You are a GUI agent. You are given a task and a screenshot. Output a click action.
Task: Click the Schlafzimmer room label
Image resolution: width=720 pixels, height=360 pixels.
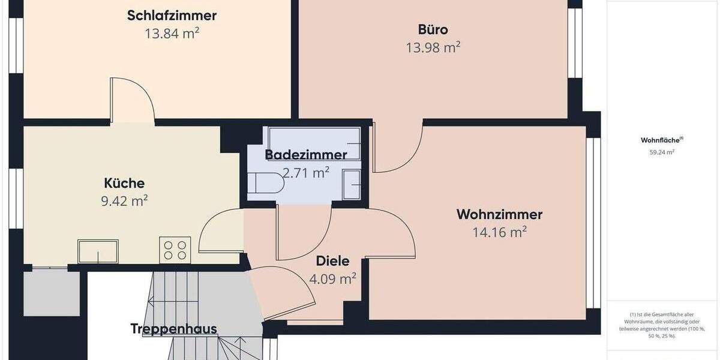172,15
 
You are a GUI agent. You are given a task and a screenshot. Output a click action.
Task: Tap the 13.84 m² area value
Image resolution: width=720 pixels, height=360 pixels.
172,34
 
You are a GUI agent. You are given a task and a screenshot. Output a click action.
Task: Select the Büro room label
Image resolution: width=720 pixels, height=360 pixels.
433,29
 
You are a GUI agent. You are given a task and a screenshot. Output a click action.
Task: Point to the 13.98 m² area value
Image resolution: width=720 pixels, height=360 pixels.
433,47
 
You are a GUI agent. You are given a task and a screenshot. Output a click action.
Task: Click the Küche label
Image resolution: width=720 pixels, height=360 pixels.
124,183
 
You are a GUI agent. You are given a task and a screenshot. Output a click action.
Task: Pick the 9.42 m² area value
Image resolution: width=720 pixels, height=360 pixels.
124,201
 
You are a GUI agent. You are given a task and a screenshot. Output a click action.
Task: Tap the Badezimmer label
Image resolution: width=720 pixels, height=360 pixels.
306,155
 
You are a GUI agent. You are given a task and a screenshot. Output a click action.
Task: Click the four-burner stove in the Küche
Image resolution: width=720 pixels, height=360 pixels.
175,250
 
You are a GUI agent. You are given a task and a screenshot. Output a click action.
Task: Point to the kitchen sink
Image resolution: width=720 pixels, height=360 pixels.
98,251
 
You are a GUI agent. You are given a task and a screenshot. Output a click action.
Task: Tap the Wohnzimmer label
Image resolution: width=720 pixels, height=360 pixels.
499,214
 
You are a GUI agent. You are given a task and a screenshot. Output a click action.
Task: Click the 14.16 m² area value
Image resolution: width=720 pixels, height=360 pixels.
499,232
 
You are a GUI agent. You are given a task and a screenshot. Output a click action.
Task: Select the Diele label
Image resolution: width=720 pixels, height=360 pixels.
332,261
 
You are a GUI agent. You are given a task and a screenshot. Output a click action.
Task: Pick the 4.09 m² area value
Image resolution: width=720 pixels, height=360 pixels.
332,278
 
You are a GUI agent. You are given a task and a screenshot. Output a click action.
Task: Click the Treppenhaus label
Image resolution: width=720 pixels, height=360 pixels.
173,329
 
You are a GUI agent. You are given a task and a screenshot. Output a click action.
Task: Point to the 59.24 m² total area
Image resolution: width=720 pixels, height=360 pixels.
662,152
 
